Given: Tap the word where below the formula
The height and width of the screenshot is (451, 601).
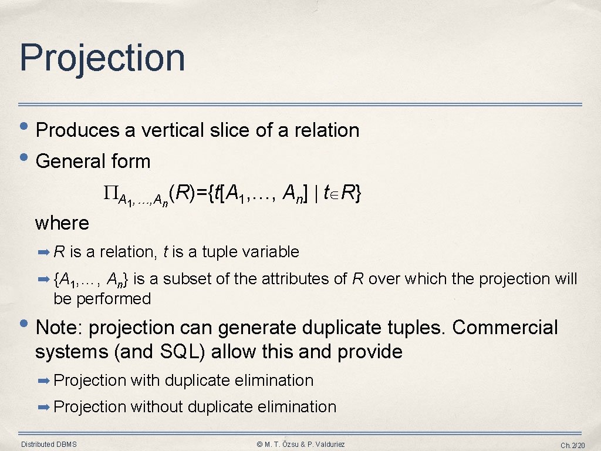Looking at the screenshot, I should [62, 223].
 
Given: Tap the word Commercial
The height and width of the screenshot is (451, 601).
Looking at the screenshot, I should [505, 327].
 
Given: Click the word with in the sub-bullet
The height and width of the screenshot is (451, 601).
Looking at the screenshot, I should [145, 381].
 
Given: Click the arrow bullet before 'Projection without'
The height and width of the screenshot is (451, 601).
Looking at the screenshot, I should [44, 406].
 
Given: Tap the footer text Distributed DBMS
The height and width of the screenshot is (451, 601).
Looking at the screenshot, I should [49, 444].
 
